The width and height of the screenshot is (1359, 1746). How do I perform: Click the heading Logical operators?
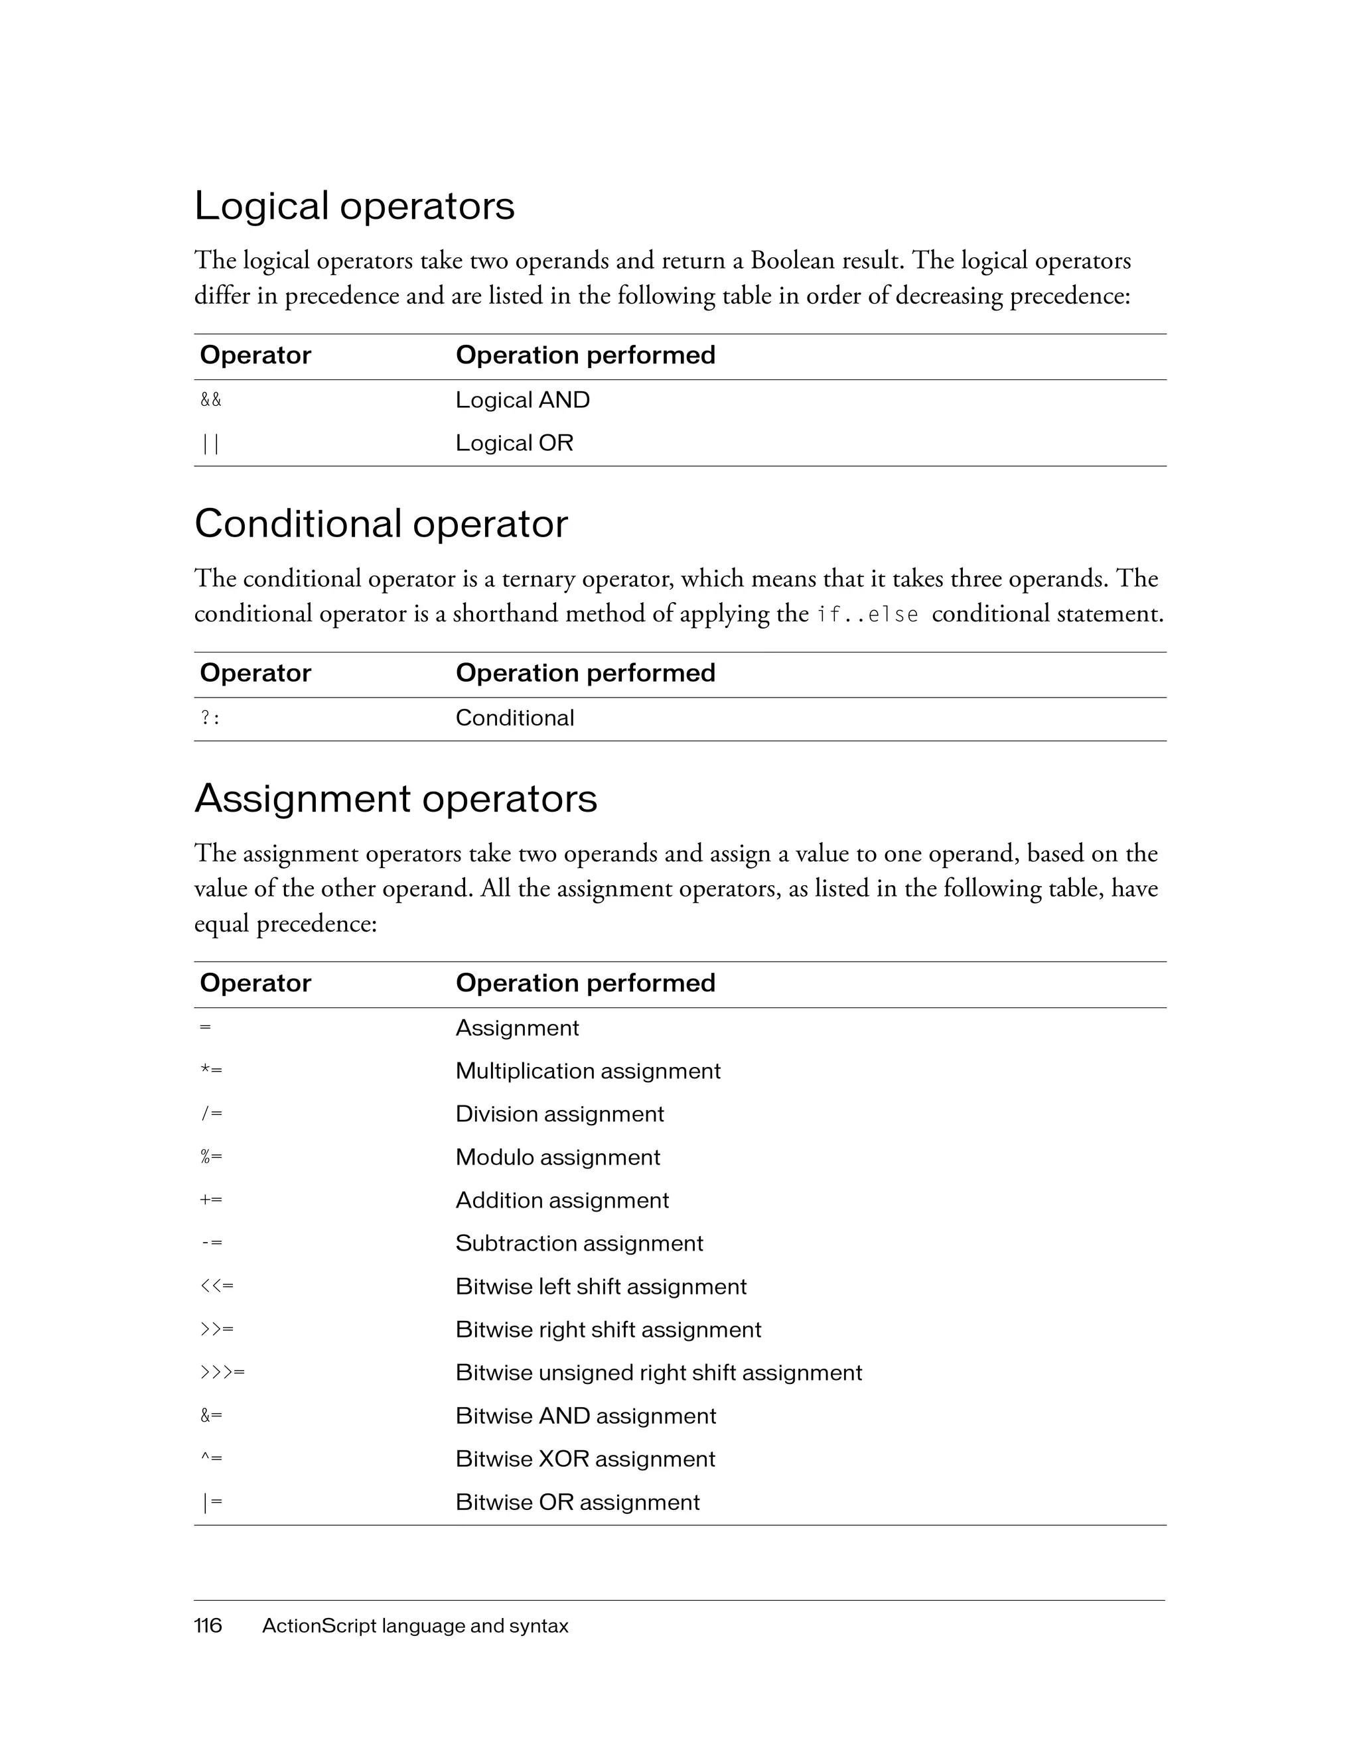click(x=354, y=206)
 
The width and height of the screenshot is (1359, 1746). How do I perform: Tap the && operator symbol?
click(x=210, y=400)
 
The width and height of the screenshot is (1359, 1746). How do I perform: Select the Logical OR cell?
click(x=514, y=443)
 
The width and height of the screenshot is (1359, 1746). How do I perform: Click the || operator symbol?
click(x=210, y=444)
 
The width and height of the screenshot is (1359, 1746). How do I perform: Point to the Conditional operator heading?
click(x=381, y=525)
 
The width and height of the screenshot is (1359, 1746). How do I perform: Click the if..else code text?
click(x=868, y=615)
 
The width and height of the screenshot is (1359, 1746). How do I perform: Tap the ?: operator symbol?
click(x=210, y=718)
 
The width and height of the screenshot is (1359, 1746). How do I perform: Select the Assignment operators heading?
click(x=395, y=798)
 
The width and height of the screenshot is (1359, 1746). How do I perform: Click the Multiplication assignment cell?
click(x=588, y=1071)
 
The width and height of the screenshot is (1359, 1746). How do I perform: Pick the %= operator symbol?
click(x=211, y=1156)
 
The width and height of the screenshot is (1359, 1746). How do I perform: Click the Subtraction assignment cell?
click(x=579, y=1243)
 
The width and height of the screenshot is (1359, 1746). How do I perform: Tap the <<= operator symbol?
click(x=217, y=1286)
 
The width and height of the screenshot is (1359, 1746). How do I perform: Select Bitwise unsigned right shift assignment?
click(x=658, y=1373)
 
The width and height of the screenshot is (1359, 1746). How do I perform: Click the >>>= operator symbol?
click(x=222, y=1373)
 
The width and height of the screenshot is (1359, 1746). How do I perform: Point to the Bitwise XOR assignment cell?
click(x=585, y=1459)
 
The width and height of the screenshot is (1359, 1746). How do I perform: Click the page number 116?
click(x=208, y=1626)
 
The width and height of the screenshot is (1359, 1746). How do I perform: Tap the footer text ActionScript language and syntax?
click(x=415, y=1626)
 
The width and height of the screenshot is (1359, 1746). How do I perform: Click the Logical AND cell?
click(x=522, y=400)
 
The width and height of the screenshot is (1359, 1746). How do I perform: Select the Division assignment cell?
click(x=559, y=1115)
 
